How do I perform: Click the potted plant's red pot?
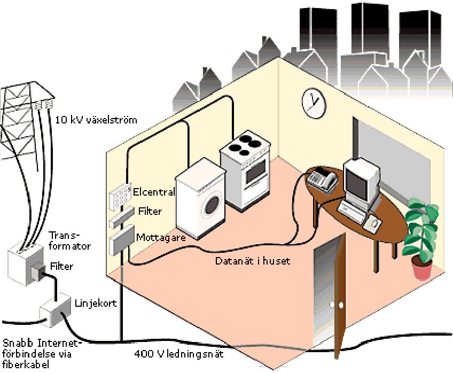coord(422,267)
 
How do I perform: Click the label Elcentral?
coord(154,192)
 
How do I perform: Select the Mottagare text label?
coord(161,237)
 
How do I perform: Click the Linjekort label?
coord(96,303)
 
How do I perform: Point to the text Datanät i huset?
coord(253,261)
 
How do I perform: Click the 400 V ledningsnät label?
coord(179,354)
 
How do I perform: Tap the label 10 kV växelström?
coord(96,120)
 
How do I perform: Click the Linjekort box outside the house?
coord(56,309)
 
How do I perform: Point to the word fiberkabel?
coord(26,364)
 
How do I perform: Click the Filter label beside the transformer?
coord(61,266)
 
